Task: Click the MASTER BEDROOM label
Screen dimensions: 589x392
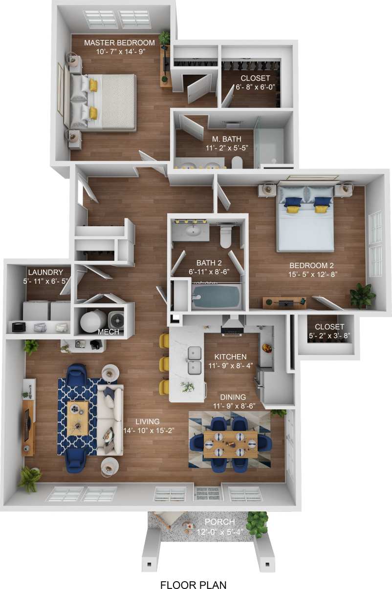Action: [119, 42]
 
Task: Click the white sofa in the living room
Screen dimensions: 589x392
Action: [110, 419]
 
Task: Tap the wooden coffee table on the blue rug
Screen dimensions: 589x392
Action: [78, 418]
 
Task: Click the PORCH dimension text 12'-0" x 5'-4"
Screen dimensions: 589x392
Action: [223, 531]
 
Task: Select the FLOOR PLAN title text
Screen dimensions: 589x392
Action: [193, 584]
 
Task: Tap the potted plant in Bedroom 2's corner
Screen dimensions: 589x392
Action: [362, 294]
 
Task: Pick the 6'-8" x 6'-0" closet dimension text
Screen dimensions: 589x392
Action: [256, 87]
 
